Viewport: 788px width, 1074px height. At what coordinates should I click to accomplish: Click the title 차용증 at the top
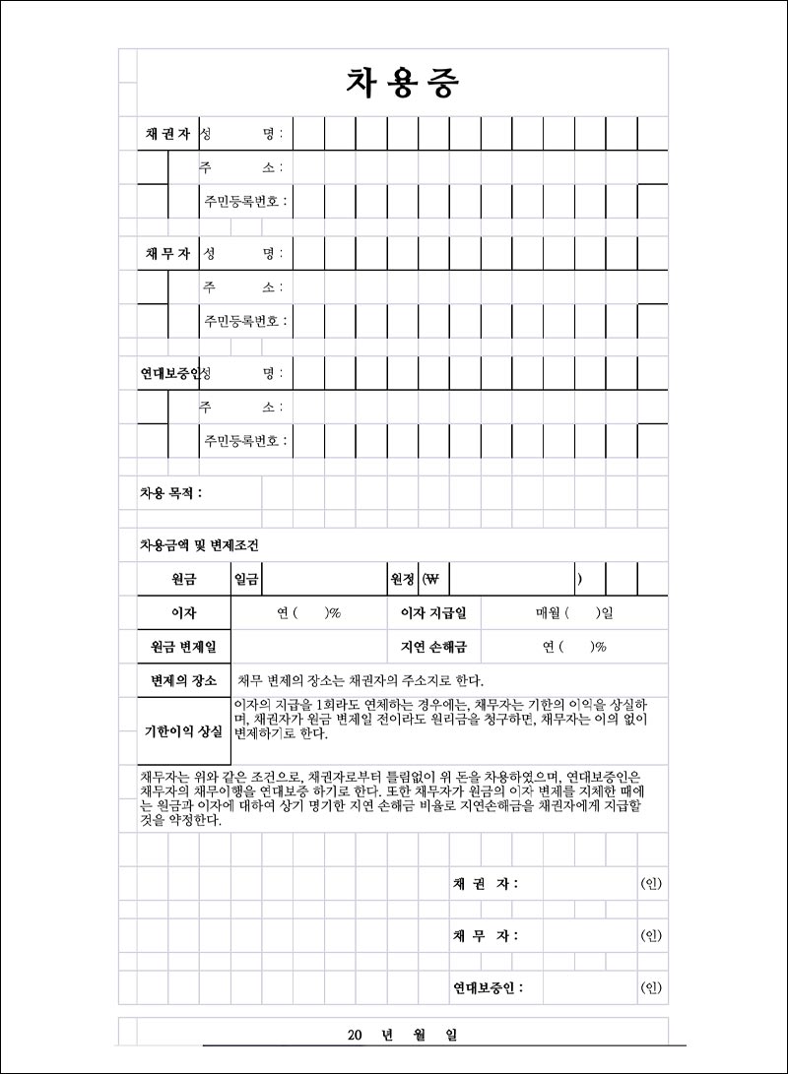[402, 84]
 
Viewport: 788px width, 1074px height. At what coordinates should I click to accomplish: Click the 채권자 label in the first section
[166, 133]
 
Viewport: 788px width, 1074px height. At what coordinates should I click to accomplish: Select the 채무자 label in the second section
[166, 253]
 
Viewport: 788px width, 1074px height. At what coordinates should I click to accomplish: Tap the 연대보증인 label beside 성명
[168, 373]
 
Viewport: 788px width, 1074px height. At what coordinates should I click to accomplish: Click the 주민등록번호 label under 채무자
[245, 321]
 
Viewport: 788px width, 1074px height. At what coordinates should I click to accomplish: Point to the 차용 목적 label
[170, 492]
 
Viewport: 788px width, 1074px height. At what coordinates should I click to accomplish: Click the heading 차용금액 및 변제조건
[200, 545]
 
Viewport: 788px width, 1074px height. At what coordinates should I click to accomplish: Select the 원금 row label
[183, 579]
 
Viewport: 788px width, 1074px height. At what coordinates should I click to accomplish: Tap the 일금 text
[246, 579]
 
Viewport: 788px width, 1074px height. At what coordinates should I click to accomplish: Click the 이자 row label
[183, 613]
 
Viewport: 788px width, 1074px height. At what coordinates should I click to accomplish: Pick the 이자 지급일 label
[432, 613]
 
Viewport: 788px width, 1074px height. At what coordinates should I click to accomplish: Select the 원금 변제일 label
[183, 647]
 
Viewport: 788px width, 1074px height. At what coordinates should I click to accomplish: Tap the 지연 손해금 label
[432, 647]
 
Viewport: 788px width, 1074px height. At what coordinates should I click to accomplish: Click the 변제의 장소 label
[183, 680]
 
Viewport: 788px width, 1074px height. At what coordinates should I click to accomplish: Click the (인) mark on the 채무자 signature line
[651, 935]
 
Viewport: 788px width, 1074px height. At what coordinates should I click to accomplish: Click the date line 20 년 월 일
[402, 1035]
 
